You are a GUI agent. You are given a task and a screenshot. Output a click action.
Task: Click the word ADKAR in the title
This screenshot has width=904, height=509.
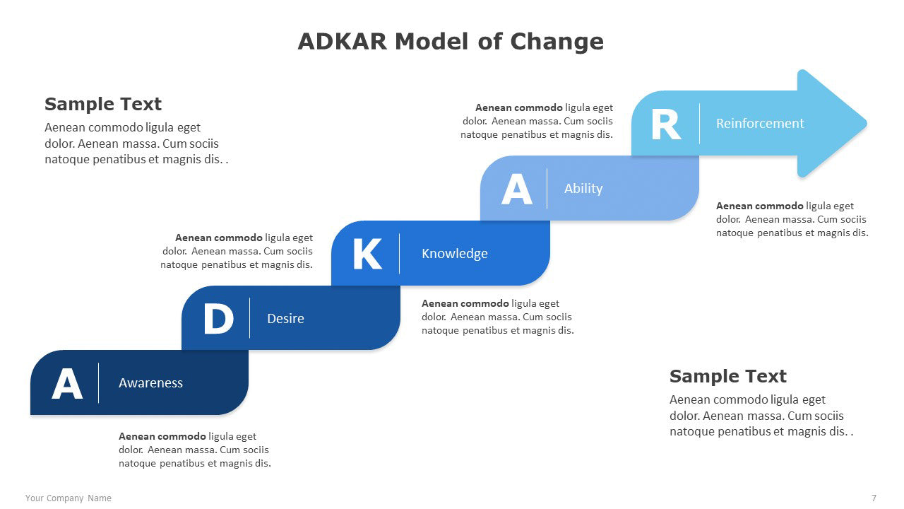[x=343, y=42]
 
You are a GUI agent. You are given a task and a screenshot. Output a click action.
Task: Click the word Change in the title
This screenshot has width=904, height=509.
[x=557, y=42]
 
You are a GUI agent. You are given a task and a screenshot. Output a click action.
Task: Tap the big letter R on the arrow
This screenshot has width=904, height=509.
[x=666, y=125]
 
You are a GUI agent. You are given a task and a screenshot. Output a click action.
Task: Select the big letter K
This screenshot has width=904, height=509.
[x=367, y=254]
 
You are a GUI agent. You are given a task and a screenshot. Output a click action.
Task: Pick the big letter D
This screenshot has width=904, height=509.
[x=218, y=319]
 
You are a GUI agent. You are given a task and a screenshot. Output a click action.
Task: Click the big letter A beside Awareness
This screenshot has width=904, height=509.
[x=67, y=383]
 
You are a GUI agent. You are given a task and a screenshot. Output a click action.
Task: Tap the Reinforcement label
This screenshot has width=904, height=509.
[x=760, y=123]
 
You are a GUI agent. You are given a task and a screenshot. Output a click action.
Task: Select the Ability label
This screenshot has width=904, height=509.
[x=583, y=189]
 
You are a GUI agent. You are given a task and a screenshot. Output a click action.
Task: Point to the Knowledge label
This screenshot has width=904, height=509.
[x=454, y=254]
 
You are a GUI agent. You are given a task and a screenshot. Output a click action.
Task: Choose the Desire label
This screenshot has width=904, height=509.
[x=285, y=318]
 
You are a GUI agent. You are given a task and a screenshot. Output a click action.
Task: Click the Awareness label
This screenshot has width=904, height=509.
[x=150, y=383]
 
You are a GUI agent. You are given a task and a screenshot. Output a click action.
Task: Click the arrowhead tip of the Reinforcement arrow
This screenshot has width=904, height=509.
[x=867, y=123]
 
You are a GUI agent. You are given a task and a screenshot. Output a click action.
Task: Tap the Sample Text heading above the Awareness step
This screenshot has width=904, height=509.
[x=103, y=104]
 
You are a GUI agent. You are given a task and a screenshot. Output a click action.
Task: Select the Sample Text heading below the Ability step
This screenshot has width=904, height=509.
[x=727, y=376]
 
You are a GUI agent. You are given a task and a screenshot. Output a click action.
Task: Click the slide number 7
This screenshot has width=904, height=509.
[x=874, y=498]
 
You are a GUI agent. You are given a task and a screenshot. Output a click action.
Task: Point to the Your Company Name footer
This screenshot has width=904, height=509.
[x=69, y=498]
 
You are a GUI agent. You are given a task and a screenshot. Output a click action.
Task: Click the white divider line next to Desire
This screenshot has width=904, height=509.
[x=249, y=318]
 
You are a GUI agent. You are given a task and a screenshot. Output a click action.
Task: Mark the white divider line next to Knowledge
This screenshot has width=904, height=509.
[x=399, y=254]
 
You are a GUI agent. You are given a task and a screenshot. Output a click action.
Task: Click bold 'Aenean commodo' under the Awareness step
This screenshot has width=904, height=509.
[x=162, y=436]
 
